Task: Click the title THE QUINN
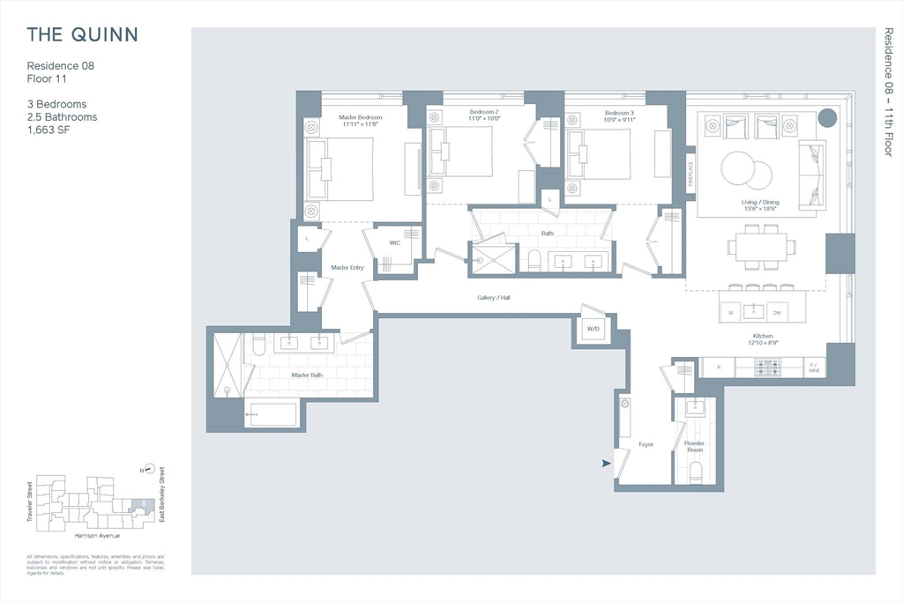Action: coord(82,35)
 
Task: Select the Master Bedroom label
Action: coord(362,118)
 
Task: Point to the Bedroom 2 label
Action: coord(484,113)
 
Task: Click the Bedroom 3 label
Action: coord(619,113)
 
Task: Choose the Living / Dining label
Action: coord(758,203)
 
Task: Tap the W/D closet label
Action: coord(593,330)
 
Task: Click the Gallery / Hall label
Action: coord(494,298)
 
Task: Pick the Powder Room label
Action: coord(695,446)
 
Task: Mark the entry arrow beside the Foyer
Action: coord(607,463)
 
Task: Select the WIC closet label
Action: coord(393,243)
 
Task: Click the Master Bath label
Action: coord(308,375)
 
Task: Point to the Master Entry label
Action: coord(347,267)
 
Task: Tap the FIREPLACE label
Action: coord(691,175)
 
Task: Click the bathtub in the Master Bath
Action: coord(272,414)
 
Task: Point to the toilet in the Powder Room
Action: coord(695,472)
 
